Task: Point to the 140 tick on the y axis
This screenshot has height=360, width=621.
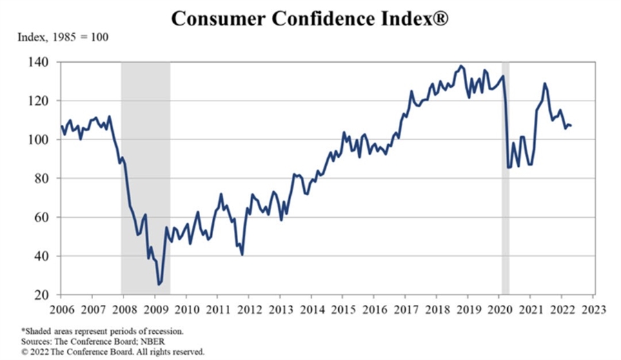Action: tap(39, 62)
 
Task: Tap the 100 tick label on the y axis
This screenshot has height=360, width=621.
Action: tap(39, 139)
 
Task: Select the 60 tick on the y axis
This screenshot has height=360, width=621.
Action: tap(41, 217)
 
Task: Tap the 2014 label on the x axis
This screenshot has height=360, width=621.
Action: tap(311, 308)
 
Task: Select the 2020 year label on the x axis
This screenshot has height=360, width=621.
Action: tap(499, 308)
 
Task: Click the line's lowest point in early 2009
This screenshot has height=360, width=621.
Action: tap(159, 284)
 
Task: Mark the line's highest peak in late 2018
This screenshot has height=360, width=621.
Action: tap(461, 66)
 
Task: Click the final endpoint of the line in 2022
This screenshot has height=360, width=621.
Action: tap(571, 126)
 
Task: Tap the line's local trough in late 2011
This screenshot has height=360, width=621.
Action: tap(242, 254)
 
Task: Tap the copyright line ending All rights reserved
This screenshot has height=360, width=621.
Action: tap(111, 351)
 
